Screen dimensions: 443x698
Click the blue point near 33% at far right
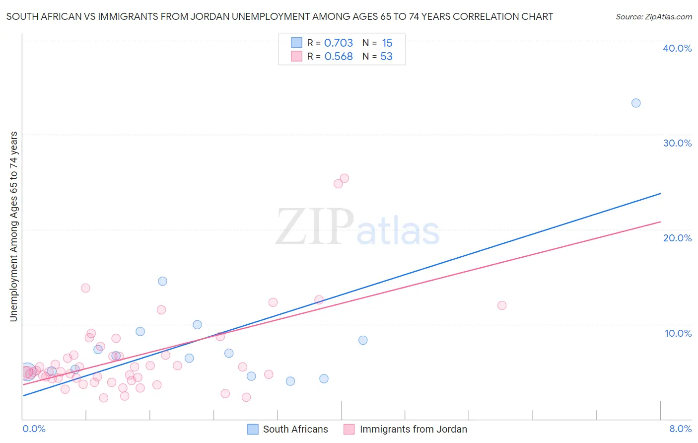[x=636, y=103]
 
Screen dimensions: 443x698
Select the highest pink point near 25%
[x=344, y=178]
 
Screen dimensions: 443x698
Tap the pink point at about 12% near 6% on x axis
[x=502, y=305]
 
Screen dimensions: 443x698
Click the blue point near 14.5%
[x=162, y=281]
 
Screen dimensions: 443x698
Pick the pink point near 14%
[x=85, y=288]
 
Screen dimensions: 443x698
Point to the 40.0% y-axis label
[x=677, y=48]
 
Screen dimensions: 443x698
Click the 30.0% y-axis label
[x=677, y=143]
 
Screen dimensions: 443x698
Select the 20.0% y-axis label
[x=677, y=238]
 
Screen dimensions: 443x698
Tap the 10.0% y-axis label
[x=678, y=333]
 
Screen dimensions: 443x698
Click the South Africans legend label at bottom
[x=295, y=429]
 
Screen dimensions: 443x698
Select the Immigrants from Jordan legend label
[x=413, y=429]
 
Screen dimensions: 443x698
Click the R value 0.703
[x=339, y=43]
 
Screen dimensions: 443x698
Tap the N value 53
[x=386, y=57]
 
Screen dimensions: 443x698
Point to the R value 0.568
[x=339, y=57]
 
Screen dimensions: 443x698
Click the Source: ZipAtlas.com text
[x=653, y=17]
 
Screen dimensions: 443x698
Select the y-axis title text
[x=14, y=226]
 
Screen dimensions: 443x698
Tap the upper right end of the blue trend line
[x=660, y=193]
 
